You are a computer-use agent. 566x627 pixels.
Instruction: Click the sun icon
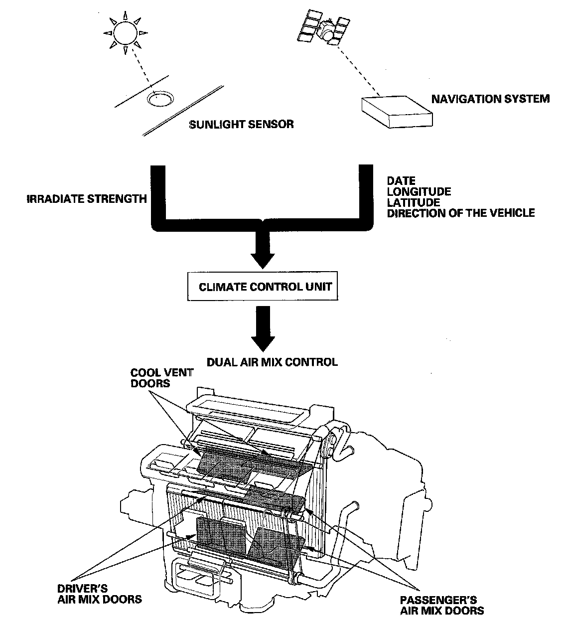[x=126, y=33]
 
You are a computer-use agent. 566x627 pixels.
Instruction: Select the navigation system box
[x=397, y=113]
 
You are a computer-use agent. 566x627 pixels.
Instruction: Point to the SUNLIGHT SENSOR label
[x=241, y=124]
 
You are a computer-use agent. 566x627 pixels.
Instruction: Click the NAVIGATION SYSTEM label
[x=490, y=99]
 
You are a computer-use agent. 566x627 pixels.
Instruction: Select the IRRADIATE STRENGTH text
[x=87, y=199]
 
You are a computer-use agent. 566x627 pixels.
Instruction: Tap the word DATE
[x=401, y=181]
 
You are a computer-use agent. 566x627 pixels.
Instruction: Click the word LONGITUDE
[x=419, y=192]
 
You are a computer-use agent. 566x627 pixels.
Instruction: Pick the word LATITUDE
[x=414, y=202]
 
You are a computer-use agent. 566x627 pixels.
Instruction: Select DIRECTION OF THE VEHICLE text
[x=460, y=213]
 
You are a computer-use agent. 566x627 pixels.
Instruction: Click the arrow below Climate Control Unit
[x=262, y=329]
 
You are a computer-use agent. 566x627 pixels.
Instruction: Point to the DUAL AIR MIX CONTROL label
[x=272, y=362]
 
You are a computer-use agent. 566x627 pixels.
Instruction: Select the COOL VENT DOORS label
[x=154, y=378]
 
